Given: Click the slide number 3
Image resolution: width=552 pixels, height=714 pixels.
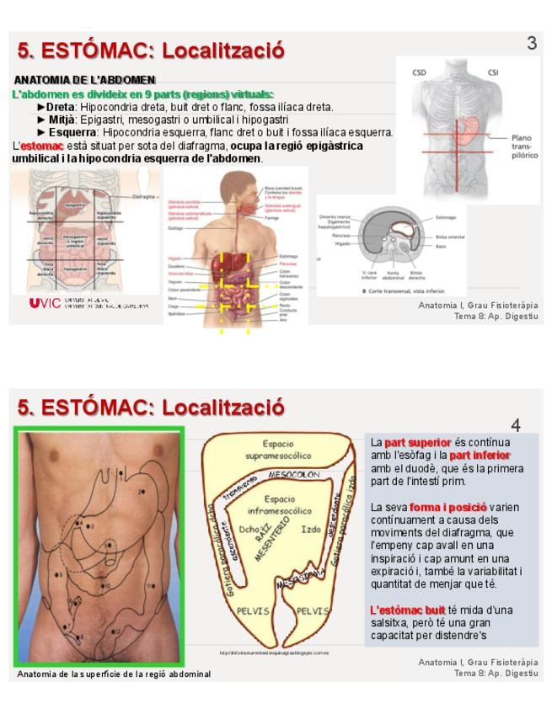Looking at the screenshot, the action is (x=532, y=43).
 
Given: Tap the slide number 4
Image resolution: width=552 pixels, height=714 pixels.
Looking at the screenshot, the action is (x=516, y=425).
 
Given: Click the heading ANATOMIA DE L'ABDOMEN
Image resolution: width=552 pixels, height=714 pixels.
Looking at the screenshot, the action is (x=84, y=79).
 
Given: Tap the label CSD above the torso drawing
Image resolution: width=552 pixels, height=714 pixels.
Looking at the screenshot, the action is (x=419, y=72).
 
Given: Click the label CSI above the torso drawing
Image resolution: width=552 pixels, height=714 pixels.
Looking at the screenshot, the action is (x=493, y=72).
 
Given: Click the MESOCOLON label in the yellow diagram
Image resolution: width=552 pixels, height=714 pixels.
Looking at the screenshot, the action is (x=290, y=476).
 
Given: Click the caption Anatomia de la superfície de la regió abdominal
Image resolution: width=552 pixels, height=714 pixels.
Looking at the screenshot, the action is (x=114, y=674).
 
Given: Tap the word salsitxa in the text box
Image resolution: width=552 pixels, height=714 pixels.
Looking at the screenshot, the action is (x=391, y=623).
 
